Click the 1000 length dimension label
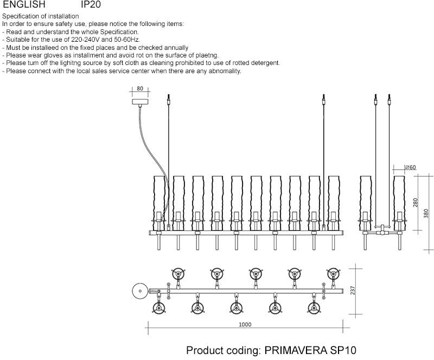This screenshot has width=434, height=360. tap(245, 325)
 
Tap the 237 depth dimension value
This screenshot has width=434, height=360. tap(353, 291)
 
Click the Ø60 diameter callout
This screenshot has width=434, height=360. tap(410, 168)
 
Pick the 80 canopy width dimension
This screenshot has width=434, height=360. tap(139, 88)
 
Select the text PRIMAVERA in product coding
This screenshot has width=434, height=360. tap(296, 350)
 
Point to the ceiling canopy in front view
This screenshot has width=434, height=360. tap(140, 101)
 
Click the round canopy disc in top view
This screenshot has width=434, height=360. tap(140, 291)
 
